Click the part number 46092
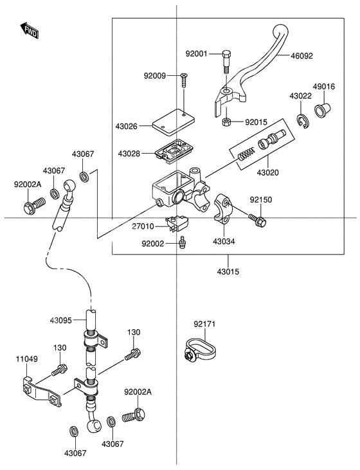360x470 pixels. click(301, 56)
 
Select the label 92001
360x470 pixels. click(197, 54)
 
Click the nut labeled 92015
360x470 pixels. click(227, 122)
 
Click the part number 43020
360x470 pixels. click(267, 174)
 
